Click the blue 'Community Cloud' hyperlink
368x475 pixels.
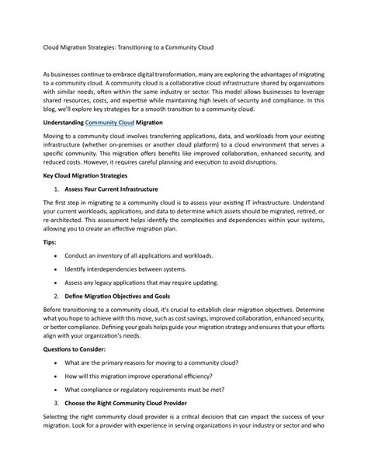(x=109, y=123)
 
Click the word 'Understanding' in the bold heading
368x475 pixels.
(x=61, y=123)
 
